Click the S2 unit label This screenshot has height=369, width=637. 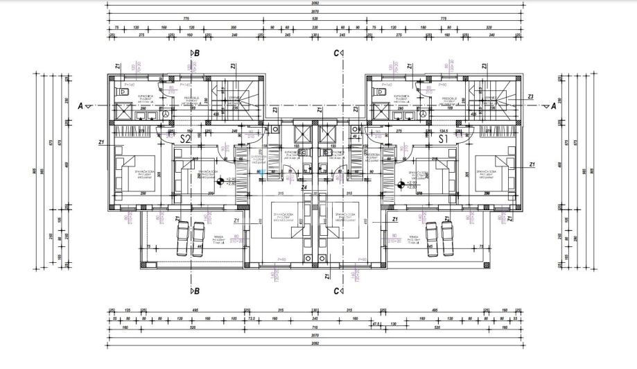point(185,139)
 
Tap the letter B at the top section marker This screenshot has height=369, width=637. point(198,53)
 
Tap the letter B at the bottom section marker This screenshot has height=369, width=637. point(198,291)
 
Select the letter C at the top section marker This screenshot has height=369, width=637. point(336,53)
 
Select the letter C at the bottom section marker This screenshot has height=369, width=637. point(336,291)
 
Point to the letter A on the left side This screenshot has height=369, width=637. point(81,106)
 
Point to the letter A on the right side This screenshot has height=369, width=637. point(554,106)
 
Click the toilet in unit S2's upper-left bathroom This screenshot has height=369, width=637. point(125,92)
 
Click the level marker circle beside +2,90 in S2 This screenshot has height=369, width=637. point(220,182)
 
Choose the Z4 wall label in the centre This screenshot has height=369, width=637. point(304,187)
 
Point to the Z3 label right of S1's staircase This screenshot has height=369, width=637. point(530,96)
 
